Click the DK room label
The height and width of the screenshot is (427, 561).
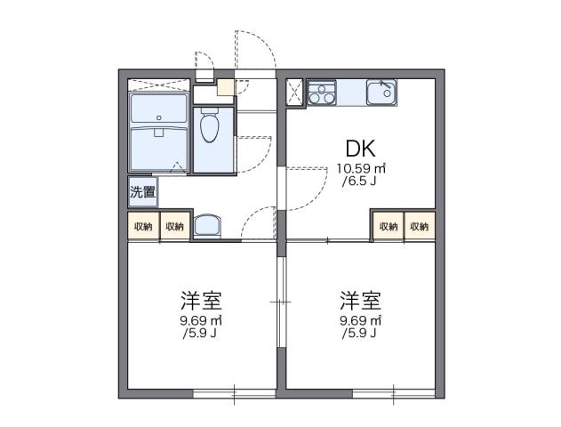pyautogui.click(x=360, y=148)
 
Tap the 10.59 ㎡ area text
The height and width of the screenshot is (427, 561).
pyautogui.click(x=360, y=168)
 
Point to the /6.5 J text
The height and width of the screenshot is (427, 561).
pyautogui.click(x=360, y=181)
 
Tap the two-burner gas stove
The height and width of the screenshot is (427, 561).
pyautogui.click(x=321, y=93)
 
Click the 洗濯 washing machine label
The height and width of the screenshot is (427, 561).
pyautogui.click(x=142, y=191)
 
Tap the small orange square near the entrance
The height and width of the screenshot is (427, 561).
pyautogui.click(x=225, y=88)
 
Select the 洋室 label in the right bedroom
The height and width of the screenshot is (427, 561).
pyautogui.click(x=360, y=299)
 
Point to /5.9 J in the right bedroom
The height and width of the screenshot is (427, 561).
pyautogui.click(x=360, y=333)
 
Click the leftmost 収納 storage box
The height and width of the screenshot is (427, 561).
pyautogui.click(x=143, y=226)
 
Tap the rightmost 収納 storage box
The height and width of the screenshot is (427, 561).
pyautogui.click(x=419, y=226)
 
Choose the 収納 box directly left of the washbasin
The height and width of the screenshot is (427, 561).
pyautogui.click(x=173, y=226)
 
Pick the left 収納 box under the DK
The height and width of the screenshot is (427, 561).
pyautogui.click(x=389, y=226)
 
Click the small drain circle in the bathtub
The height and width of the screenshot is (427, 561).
pyautogui.click(x=157, y=117)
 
